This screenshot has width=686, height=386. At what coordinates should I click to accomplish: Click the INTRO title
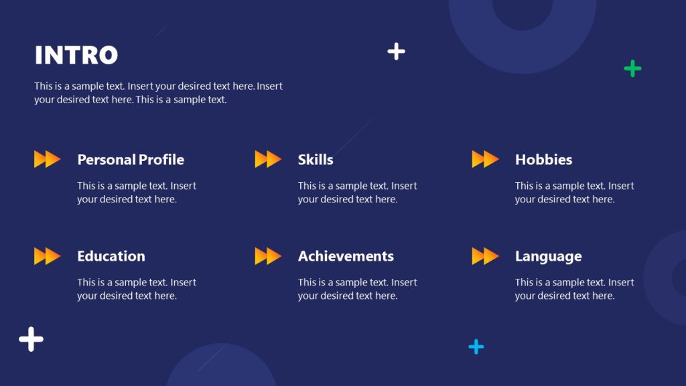pos(76,55)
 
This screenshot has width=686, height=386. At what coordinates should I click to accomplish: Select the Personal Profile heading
pos(131,159)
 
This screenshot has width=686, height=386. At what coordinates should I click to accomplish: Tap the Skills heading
pos(316,159)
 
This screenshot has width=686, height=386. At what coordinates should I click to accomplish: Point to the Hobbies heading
pos(543,159)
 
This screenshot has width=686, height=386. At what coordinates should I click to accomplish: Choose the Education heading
pos(111,256)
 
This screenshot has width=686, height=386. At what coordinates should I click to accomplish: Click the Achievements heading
pos(346,256)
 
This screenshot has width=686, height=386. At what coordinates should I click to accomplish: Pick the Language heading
pos(548,256)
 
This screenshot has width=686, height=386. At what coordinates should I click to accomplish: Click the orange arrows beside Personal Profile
pos(48,159)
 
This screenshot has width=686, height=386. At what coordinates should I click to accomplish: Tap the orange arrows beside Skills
pos(268,159)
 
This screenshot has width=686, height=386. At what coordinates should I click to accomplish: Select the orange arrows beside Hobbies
pos(485,159)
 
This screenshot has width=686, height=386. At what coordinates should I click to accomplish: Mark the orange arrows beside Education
pos(48,256)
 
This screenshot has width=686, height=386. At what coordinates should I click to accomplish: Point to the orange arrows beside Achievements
pos(268,256)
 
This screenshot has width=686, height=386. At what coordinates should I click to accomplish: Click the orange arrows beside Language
pos(485,256)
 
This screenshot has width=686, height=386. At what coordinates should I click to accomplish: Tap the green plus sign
pos(632,68)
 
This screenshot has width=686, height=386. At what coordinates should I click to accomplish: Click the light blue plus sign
pos(476,346)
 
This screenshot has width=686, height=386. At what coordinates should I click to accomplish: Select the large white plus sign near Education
pos(31,339)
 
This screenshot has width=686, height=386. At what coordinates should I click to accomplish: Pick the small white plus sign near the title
pos(397,51)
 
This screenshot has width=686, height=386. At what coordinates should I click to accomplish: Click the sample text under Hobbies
pos(574,192)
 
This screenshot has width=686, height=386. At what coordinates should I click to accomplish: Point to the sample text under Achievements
pos(357,289)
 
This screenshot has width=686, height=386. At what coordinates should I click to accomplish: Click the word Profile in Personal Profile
pos(161,159)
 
